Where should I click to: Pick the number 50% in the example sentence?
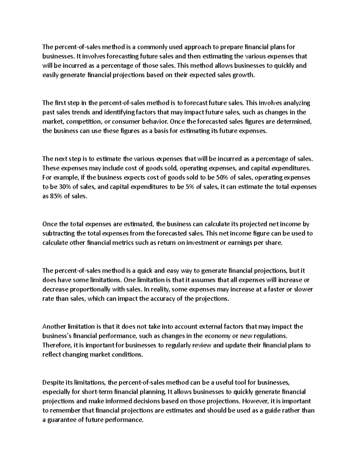coord(220,178)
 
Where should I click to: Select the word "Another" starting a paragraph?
coord(54,327)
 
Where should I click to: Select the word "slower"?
coord(304,290)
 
